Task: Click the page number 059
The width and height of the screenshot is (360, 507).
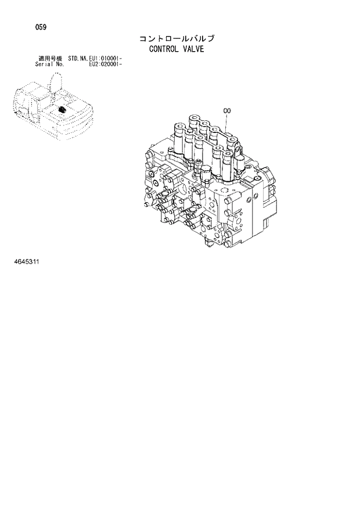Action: click(x=41, y=27)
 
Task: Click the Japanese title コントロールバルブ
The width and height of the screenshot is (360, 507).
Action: click(x=177, y=39)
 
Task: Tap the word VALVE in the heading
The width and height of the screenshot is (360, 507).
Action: click(x=194, y=49)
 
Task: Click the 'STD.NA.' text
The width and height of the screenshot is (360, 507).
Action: click(x=78, y=59)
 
